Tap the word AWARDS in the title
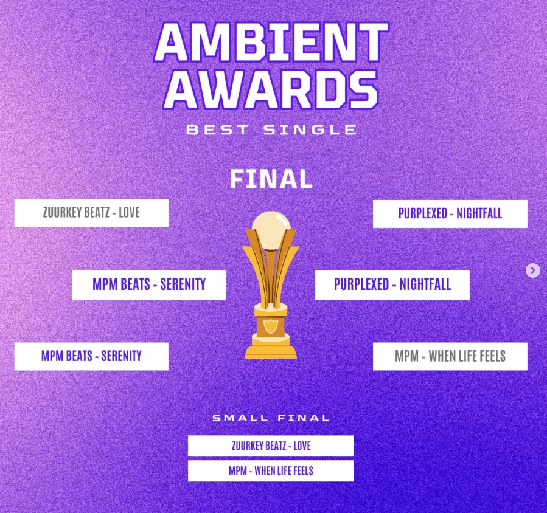271,89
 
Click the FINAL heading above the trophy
271,179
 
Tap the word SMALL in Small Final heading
240,418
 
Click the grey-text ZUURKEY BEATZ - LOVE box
91,213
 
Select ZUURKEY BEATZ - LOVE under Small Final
271,446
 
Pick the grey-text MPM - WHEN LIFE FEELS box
450,356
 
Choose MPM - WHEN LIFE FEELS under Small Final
271,470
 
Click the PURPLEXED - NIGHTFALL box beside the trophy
392,284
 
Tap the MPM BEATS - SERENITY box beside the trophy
149,284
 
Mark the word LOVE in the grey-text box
129,213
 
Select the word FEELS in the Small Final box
301,470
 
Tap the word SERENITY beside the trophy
183,284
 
